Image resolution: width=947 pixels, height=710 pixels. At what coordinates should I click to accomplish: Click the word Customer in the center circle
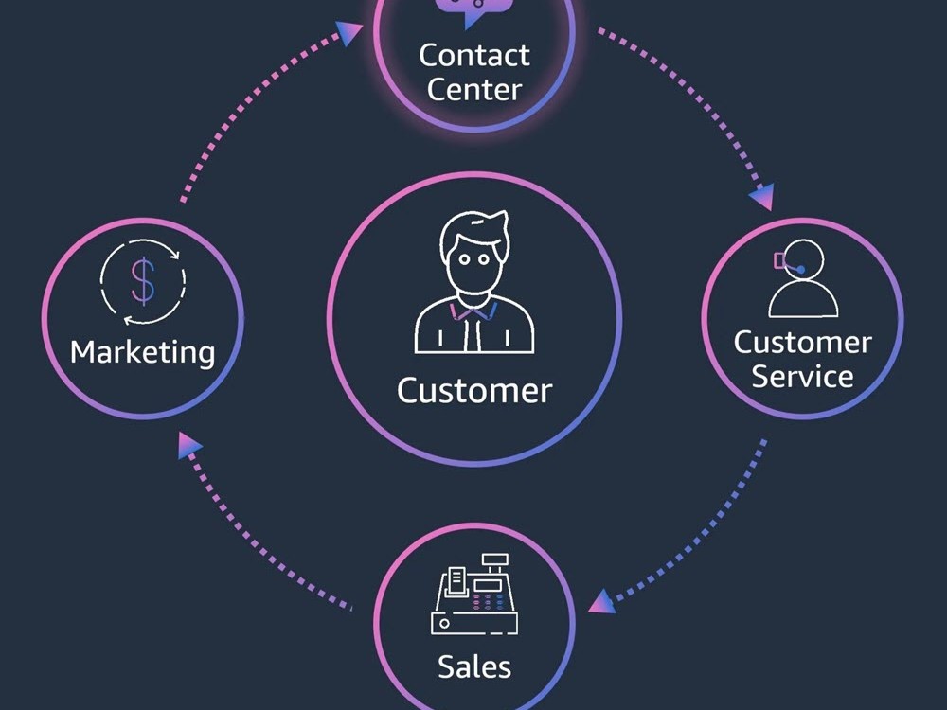point(473,390)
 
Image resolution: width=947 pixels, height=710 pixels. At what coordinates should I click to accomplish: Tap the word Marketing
point(143,352)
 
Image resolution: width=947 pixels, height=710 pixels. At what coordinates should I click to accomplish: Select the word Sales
point(473,666)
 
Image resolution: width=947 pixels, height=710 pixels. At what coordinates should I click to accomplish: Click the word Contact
point(474,55)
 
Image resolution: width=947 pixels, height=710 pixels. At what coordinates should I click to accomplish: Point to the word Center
point(474,90)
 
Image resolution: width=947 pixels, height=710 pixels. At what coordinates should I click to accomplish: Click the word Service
point(802,376)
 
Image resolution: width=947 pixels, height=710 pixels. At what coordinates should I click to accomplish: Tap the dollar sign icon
point(142,281)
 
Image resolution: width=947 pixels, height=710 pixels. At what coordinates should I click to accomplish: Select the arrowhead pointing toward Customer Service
point(761,197)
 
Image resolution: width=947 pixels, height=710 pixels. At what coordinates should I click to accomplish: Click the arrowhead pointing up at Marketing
point(190,445)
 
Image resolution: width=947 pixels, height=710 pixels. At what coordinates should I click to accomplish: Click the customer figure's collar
point(473,310)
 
